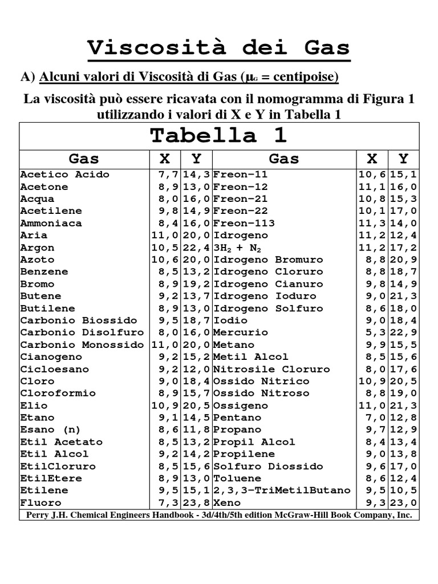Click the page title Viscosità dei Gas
[x=218, y=48]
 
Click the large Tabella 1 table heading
[x=218, y=136]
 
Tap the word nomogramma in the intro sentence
[x=290, y=99]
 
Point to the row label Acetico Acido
[x=64, y=175]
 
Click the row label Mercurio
[x=240, y=332]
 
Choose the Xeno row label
[x=226, y=502]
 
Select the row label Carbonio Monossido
[x=82, y=344]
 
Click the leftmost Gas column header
[x=84, y=159]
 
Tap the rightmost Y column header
[x=403, y=159]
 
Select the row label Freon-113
[x=244, y=223]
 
